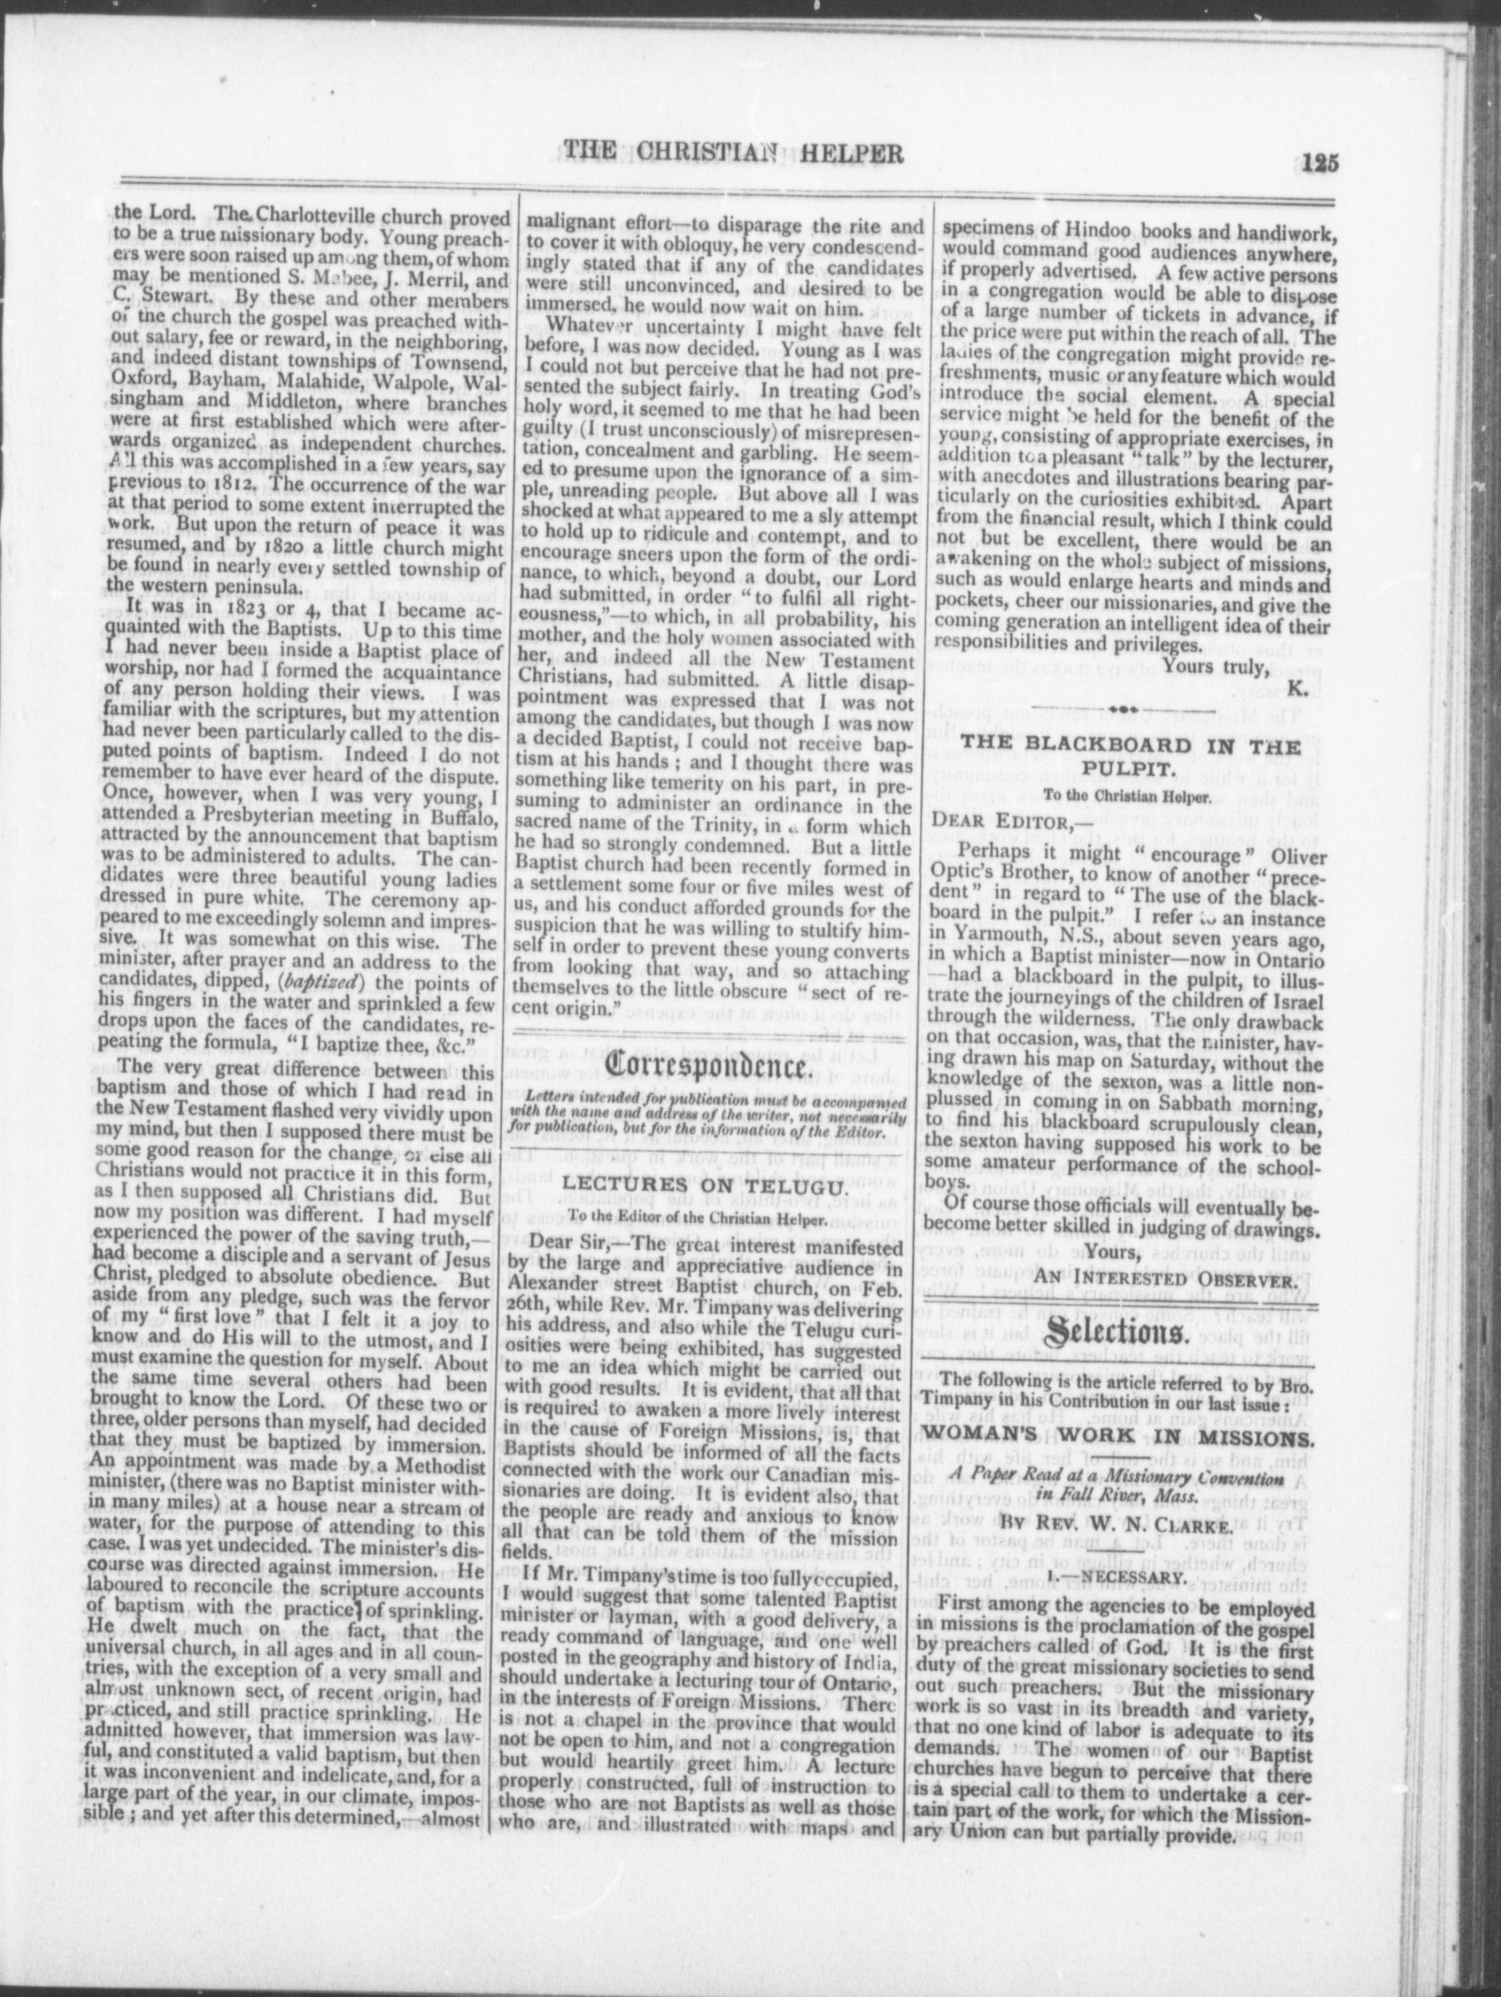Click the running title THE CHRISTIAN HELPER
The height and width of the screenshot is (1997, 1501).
[x=731, y=153]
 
